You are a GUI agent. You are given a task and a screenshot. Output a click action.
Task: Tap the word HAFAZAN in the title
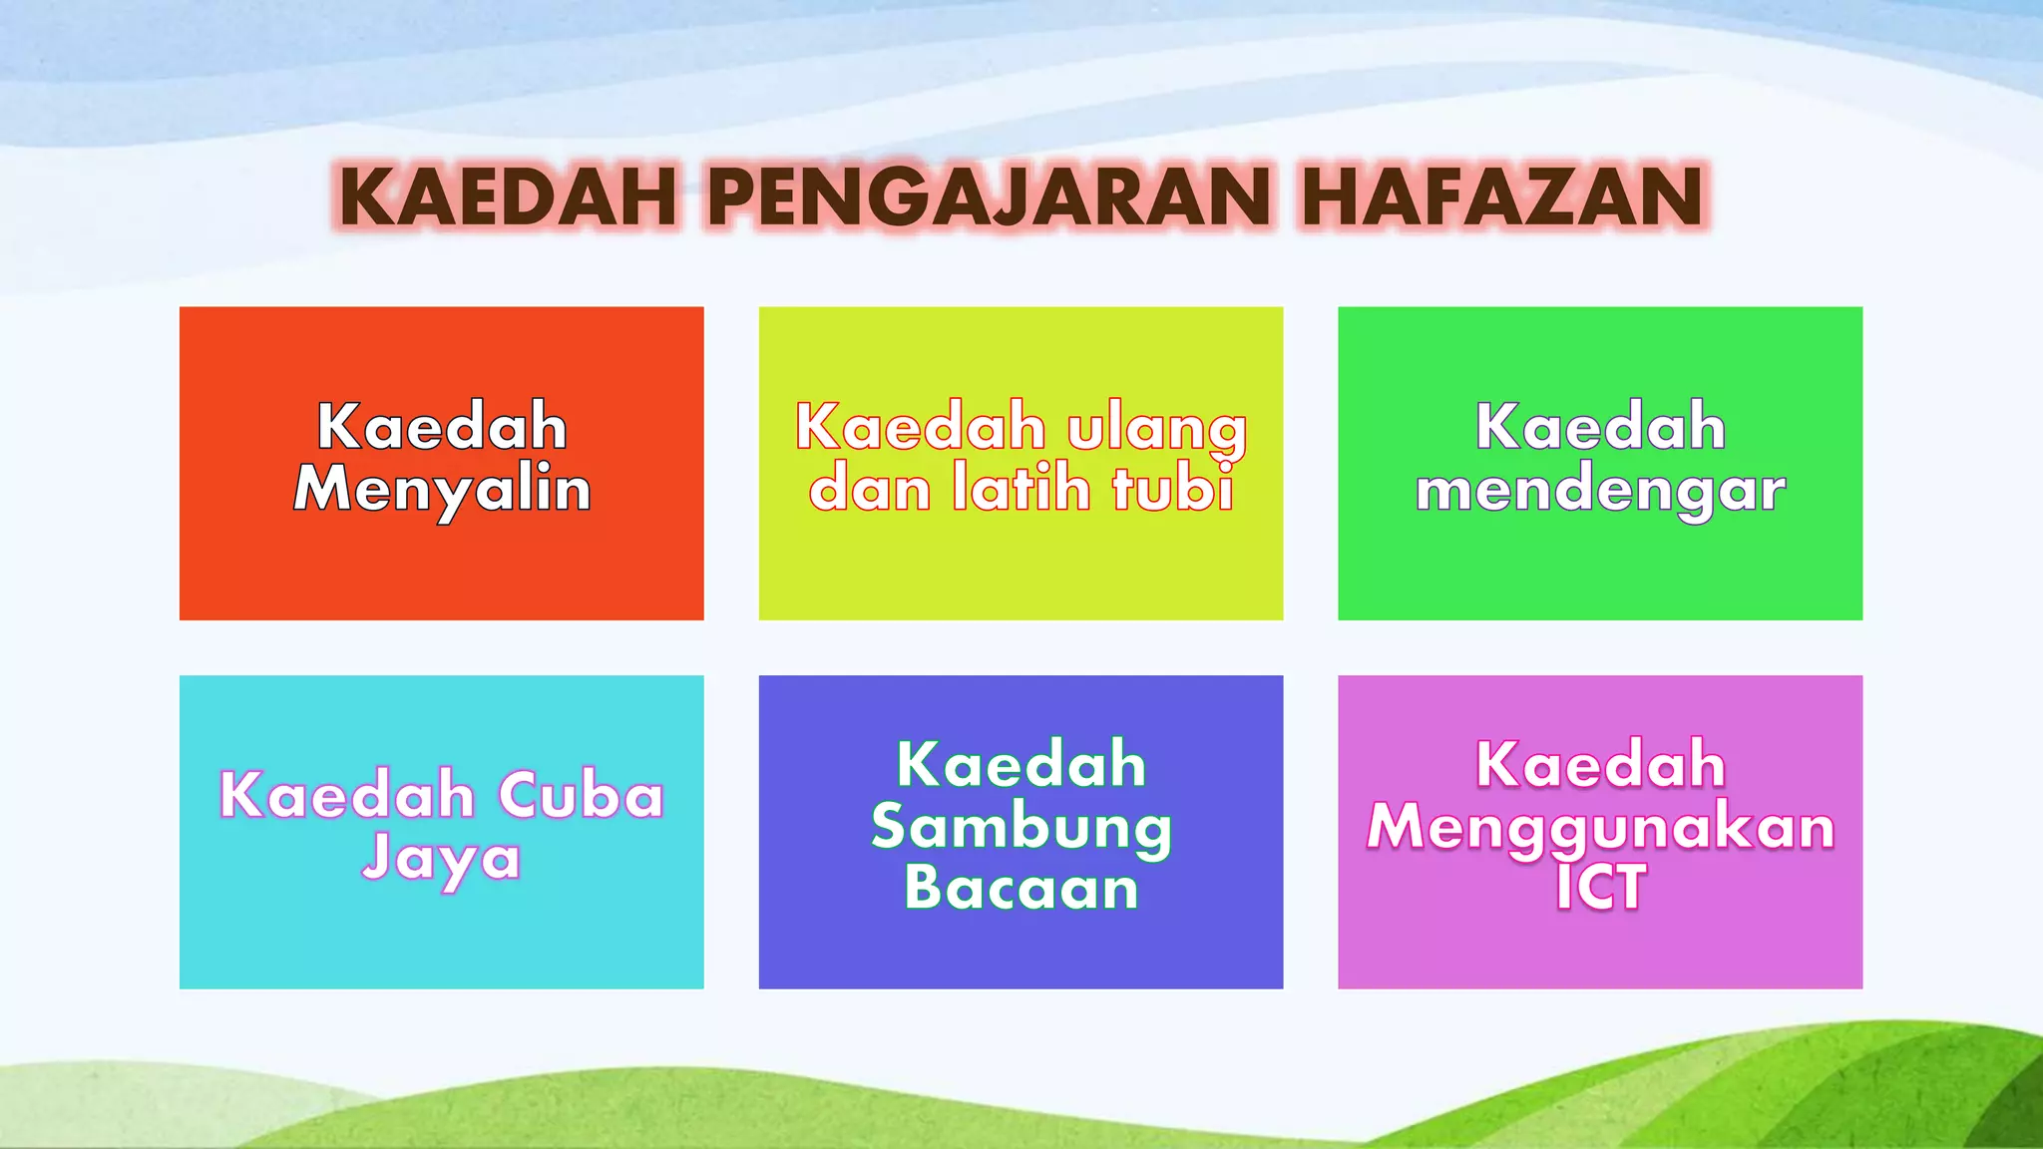pyautogui.click(x=1503, y=196)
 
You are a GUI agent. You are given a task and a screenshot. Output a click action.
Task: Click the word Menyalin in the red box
pyautogui.click(x=442, y=490)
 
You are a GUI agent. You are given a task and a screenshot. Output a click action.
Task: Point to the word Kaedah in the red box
pyautogui.click(x=442, y=427)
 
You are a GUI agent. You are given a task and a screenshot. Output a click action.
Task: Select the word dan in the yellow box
pyautogui.click(x=869, y=490)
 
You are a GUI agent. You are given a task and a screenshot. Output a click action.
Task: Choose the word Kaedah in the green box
pyautogui.click(x=1600, y=427)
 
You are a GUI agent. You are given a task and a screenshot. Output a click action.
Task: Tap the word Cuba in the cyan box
pyautogui.click(x=581, y=796)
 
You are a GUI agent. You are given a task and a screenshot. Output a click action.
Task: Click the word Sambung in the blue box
pyautogui.click(x=1021, y=828)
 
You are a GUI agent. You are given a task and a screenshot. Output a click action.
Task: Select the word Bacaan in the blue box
pyautogui.click(x=1021, y=888)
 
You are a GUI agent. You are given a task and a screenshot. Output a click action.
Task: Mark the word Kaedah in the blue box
pyautogui.click(x=1021, y=765)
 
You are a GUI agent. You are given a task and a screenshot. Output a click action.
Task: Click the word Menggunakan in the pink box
pyautogui.click(x=1600, y=829)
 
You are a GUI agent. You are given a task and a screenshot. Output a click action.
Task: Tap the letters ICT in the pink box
pyautogui.click(x=1600, y=888)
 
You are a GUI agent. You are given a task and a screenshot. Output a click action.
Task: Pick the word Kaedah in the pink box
pyautogui.click(x=1600, y=765)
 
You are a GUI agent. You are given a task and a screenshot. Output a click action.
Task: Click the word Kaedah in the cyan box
pyautogui.click(x=346, y=796)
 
